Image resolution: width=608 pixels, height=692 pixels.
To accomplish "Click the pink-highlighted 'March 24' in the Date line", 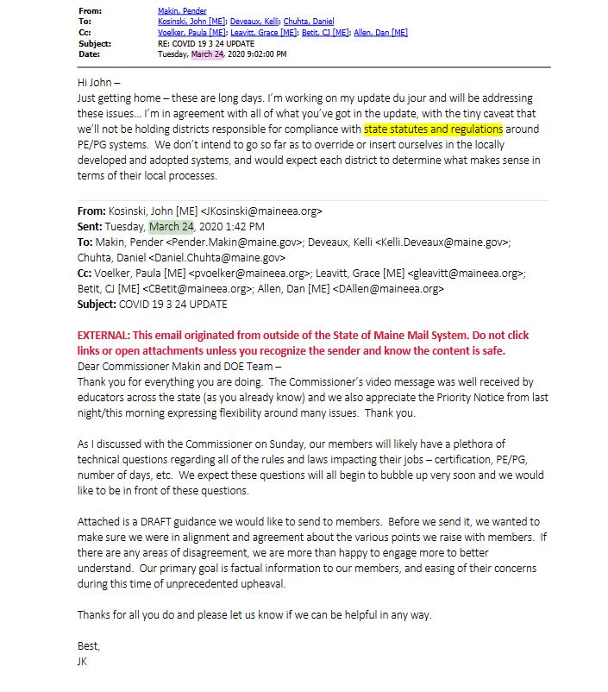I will pyautogui.click(x=208, y=53).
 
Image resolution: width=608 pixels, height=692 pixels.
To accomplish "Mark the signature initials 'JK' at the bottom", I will pyautogui.click(x=84, y=661).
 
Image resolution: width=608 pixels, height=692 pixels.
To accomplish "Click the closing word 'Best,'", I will pyautogui.click(x=89, y=646).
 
